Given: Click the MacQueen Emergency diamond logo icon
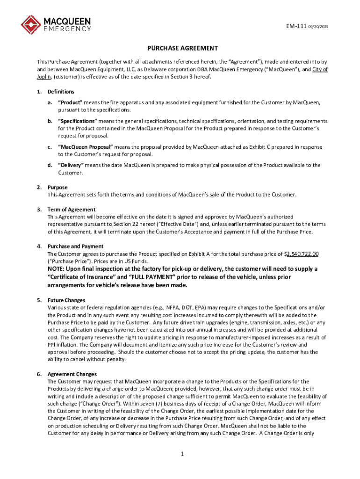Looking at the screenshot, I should (31, 25).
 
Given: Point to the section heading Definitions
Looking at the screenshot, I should (61, 92).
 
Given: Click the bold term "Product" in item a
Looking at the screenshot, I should (70, 102).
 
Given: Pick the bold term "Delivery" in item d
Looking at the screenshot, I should (71, 165).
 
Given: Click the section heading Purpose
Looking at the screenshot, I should (58, 187).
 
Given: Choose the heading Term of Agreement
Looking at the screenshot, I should (72, 210).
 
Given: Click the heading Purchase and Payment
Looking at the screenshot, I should (76, 246).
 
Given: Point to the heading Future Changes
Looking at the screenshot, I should (66, 300).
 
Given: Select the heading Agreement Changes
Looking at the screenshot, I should (72, 374).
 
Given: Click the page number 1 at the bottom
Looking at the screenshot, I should (183, 454).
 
